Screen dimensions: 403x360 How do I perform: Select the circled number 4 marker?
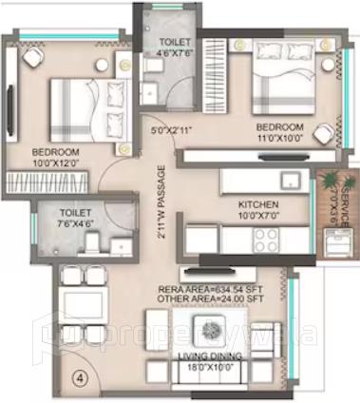click(x=80, y=375)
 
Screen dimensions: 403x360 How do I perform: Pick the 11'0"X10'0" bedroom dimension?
click(x=280, y=137)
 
